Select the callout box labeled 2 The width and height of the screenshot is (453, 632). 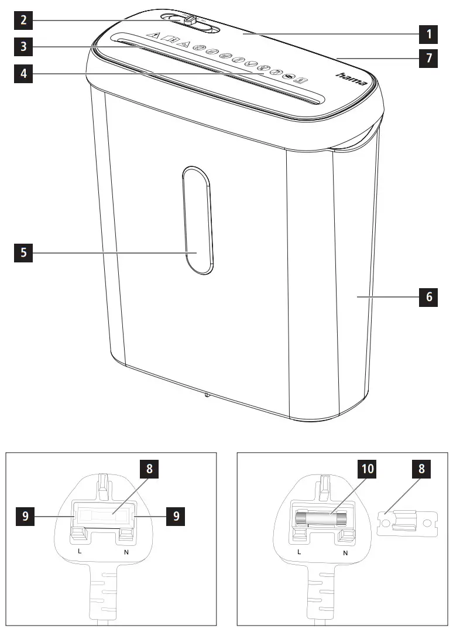point(23,21)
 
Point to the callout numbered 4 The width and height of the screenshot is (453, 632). point(23,74)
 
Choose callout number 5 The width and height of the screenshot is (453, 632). point(23,254)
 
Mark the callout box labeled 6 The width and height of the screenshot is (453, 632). point(429,298)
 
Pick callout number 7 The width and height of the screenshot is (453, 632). point(429,59)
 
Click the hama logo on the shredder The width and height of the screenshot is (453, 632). point(351,79)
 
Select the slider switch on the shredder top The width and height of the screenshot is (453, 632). point(190,20)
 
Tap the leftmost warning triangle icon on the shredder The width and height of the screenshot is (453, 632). point(154,36)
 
